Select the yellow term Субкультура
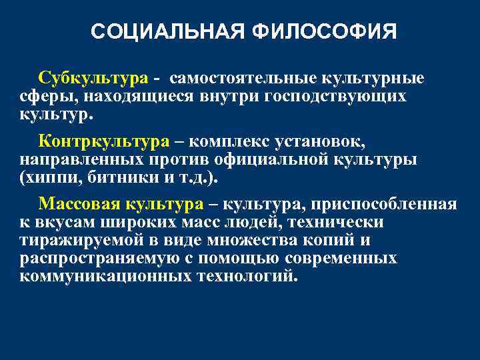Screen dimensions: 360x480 tap(93, 79)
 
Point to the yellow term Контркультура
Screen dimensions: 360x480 tap(105, 141)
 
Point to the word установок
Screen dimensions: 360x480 tap(323, 141)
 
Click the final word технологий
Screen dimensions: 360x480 tap(245, 275)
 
